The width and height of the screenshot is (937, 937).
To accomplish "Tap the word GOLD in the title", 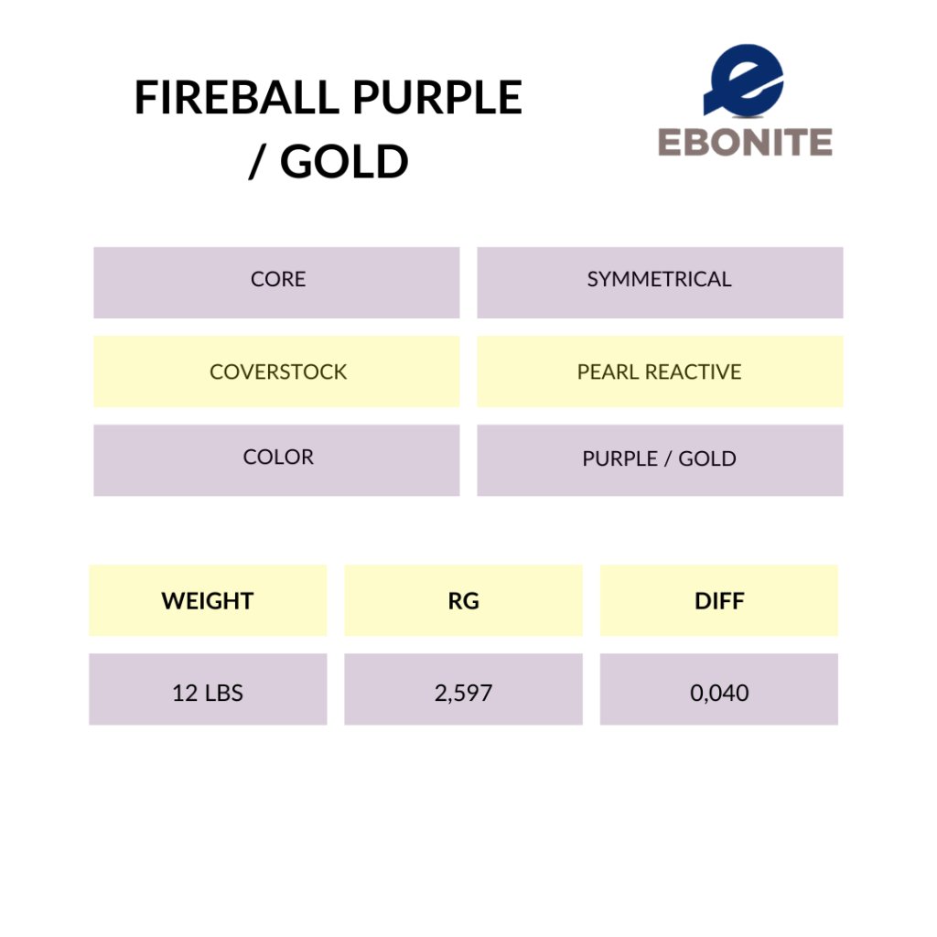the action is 344,161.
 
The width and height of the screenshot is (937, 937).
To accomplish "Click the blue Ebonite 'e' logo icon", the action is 743,81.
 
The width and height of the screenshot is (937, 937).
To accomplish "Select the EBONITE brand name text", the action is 745,142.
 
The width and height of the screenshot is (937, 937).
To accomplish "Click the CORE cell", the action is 276,282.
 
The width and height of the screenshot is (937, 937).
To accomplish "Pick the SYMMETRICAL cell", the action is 660,282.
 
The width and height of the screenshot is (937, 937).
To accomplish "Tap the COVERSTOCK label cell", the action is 276,372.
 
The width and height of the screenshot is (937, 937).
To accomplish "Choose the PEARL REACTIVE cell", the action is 660,372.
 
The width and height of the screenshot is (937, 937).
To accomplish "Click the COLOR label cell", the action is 276,460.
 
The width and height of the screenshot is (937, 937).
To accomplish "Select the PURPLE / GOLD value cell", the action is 660,460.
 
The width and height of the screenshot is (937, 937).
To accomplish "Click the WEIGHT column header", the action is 208,600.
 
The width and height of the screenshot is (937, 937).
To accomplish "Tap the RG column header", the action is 463,600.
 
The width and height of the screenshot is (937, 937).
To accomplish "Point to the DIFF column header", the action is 719,600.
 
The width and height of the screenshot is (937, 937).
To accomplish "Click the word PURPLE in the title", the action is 437,97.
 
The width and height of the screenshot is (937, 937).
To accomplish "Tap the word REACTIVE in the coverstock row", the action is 694,372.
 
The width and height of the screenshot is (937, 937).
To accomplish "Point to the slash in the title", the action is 257,161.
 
